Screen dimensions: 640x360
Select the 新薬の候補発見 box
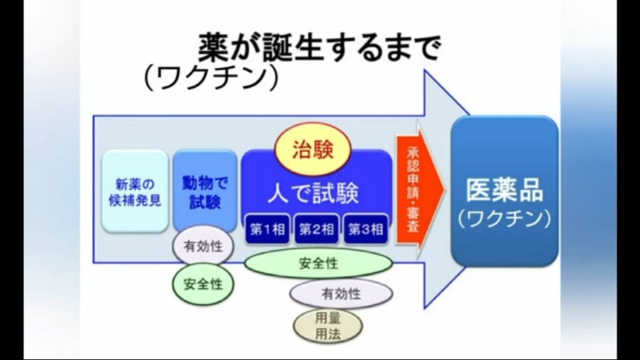(135, 191)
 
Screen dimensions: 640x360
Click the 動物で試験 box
(205, 191)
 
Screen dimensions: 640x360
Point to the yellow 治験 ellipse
(313, 149)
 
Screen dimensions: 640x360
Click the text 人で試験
(313, 193)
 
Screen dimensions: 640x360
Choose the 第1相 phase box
(267, 229)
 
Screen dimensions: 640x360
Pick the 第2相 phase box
(317, 229)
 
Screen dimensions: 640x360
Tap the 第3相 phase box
(366, 229)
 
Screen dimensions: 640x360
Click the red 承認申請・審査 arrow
(419, 189)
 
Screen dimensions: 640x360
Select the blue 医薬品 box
(505, 191)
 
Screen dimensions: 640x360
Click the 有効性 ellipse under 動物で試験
(203, 247)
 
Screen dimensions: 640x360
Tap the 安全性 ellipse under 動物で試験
(203, 284)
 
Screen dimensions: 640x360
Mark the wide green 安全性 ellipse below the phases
(319, 263)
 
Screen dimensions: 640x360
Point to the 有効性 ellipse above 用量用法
(341, 293)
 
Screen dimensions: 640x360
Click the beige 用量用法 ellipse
(328, 326)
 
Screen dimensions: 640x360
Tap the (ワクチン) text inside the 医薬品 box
(505, 219)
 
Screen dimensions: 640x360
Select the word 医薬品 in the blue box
(505, 190)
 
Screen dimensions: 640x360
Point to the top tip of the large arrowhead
(425, 70)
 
